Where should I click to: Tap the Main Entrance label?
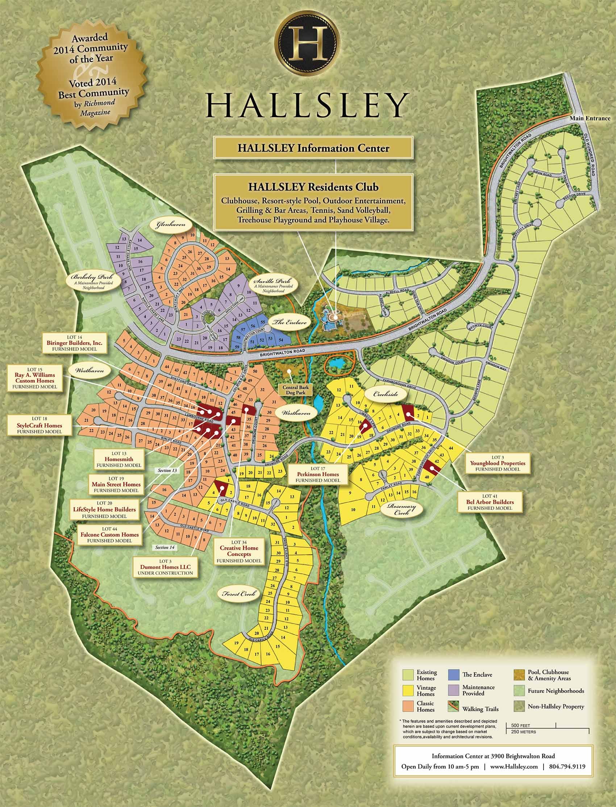[x=590, y=118]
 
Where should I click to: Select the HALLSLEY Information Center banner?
[x=313, y=149]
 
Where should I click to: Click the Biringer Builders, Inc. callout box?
[x=74, y=343]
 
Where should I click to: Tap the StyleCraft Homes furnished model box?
[x=39, y=425]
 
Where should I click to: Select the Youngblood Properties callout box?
[x=498, y=463]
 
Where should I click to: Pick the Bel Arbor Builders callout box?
[x=490, y=502]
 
